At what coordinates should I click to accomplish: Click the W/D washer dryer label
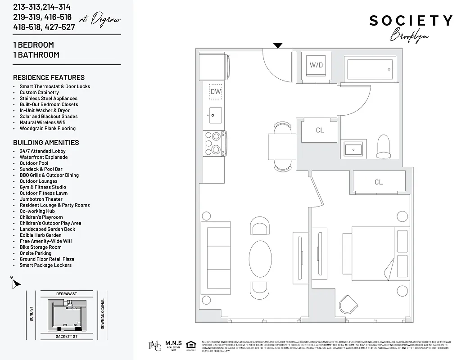pos(316,65)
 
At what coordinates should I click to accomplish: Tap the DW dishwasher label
pos(215,92)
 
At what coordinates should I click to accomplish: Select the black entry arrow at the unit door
pos(278,45)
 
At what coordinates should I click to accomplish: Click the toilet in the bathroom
pos(384,147)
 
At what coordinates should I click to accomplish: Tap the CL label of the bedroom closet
pos(378,182)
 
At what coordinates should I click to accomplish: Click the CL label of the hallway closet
pos(320,130)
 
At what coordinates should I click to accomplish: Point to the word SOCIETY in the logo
pos(411,21)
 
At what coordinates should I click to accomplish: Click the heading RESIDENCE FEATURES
pos(49,77)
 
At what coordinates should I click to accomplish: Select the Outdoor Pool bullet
pos(34,163)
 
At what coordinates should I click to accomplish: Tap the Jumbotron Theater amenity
pos(41,199)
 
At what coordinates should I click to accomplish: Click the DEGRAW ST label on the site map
pos(67,294)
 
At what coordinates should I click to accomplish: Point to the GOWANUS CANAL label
pos(103,314)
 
